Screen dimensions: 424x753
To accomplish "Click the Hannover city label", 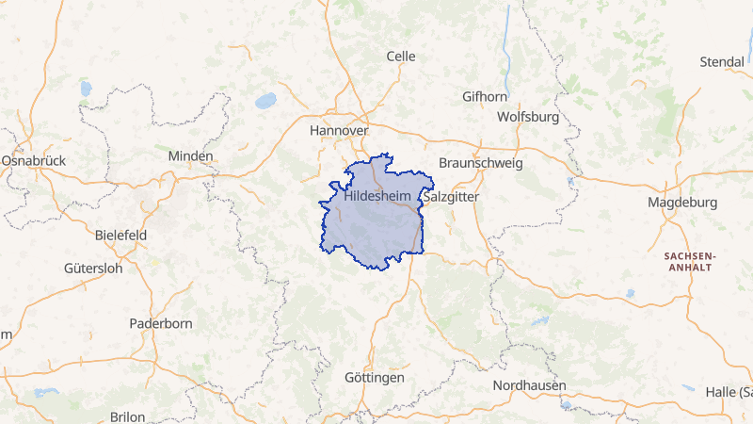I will [x=339, y=130].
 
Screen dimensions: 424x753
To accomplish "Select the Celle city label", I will [x=401, y=57].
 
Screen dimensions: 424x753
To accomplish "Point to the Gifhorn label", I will [x=486, y=96].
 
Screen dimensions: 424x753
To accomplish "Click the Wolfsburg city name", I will [x=528, y=118].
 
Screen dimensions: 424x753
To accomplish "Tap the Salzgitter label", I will [x=452, y=198].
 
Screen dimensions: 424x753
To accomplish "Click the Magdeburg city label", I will [x=682, y=203].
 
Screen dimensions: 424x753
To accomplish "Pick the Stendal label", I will [x=722, y=62].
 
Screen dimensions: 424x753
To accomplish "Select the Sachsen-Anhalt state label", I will [x=690, y=261].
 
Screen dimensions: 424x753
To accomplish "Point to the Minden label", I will [x=191, y=155].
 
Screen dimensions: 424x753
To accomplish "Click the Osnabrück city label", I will [x=33, y=161].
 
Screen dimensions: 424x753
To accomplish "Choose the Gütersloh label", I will [x=93, y=268].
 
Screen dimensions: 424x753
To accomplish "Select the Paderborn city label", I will [x=161, y=323].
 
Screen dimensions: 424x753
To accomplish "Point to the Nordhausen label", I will [x=529, y=385].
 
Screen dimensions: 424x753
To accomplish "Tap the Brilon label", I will [x=127, y=416].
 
